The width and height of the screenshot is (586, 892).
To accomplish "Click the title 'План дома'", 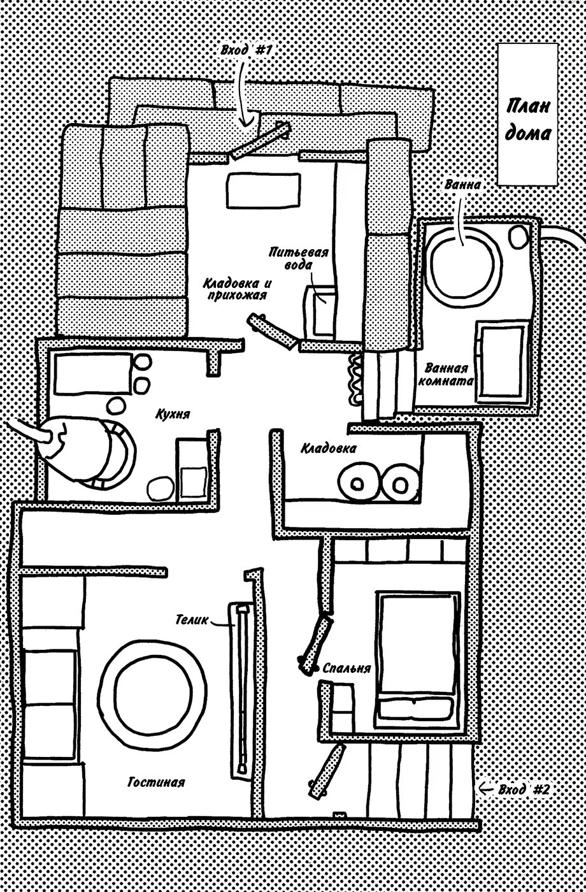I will point(529,119).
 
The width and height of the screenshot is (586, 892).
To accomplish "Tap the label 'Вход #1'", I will point(246,50).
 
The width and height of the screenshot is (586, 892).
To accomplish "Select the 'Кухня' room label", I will point(173,414).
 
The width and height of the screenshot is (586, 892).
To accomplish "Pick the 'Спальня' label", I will point(347,668).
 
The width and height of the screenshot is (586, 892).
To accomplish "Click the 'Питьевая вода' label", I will point(298,258).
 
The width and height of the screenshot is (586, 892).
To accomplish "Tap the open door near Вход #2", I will point(327,771).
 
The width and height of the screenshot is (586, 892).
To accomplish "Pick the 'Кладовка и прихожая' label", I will point(235,289).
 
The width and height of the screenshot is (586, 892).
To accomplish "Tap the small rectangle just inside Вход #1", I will point(263,189).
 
